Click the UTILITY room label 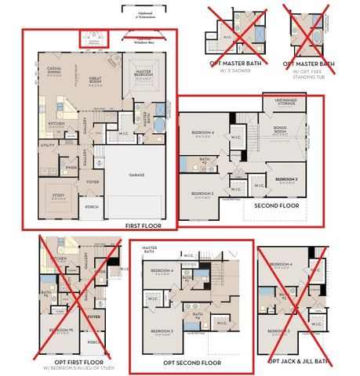point(48,145)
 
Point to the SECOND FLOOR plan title point(276,205)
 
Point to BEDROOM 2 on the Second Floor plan point(286,179)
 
